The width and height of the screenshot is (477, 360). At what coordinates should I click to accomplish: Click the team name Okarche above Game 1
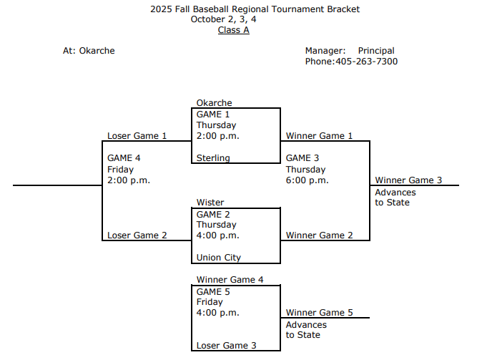214,103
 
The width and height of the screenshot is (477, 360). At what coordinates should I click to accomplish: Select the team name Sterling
213,158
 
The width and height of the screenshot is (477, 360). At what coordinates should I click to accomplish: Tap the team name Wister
210,203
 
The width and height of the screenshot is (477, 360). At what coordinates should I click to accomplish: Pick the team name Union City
219,258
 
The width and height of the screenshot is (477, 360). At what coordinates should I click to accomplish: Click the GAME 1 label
213,115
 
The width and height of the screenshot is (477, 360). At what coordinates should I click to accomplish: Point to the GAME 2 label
213,214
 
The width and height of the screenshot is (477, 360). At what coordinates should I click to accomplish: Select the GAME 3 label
303,158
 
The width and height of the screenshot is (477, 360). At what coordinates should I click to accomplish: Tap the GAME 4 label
124,158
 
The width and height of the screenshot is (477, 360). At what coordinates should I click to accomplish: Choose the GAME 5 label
213,291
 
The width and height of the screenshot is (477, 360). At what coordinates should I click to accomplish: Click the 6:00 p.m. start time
307,180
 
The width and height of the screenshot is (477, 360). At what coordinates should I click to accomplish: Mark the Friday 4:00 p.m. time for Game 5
217,313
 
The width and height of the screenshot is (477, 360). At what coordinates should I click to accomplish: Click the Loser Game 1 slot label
137,136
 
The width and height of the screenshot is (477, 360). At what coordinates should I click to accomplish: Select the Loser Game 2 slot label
137,235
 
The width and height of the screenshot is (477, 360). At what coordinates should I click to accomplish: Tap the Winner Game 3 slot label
408,180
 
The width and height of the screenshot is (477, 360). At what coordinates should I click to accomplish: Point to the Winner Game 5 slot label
319,313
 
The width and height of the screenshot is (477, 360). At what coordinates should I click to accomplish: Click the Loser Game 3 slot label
226,346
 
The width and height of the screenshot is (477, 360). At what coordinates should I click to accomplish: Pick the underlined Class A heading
233,30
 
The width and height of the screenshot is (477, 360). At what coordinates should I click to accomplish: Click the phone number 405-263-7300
366,62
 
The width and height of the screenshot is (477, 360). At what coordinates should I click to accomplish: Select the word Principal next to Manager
376,51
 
